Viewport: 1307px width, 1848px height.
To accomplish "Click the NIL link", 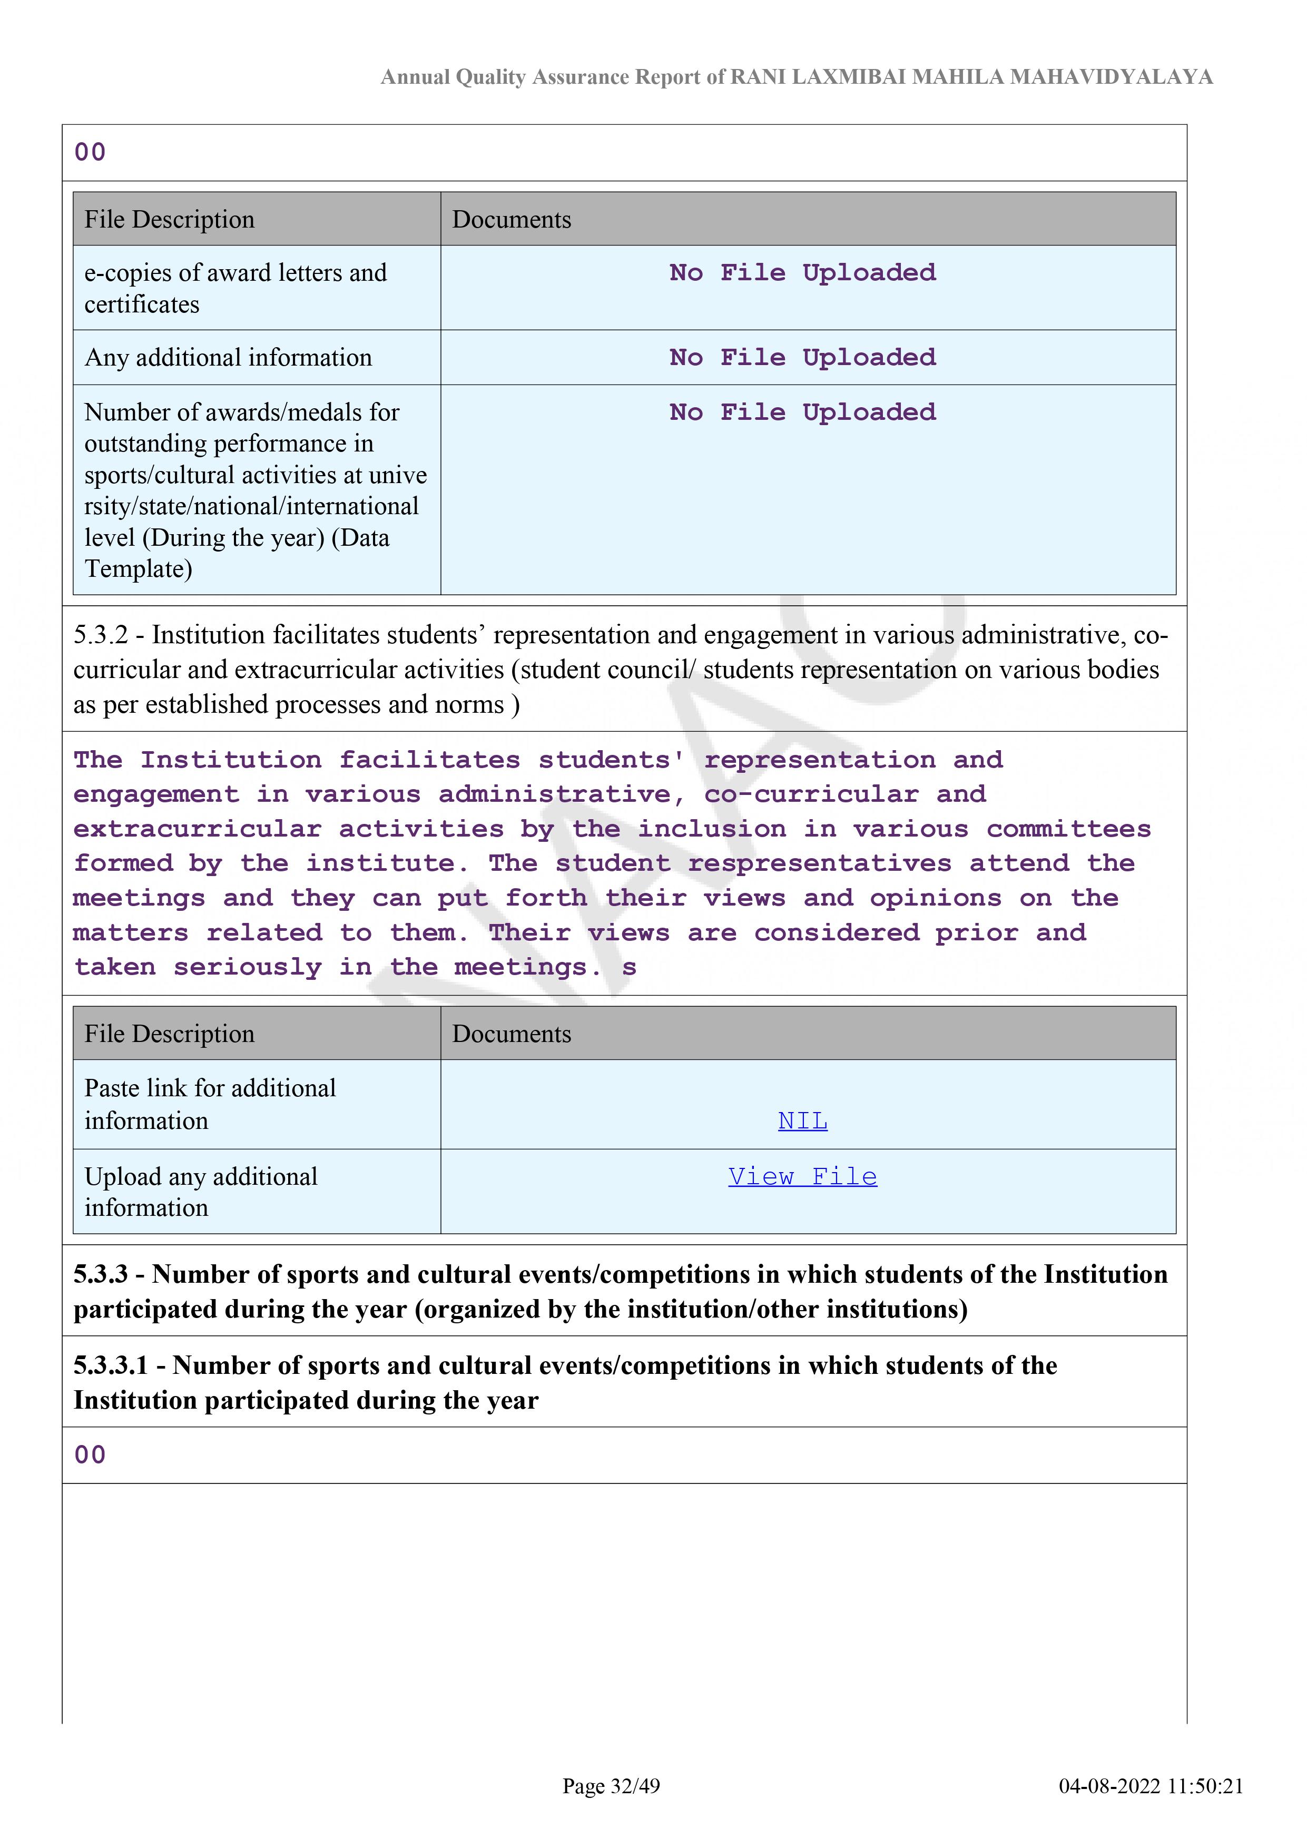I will click(x=802, y=1120).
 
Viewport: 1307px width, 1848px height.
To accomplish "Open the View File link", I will click(x=802, y=1177).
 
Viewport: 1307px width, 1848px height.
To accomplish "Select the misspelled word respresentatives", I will click(x=819, y=863).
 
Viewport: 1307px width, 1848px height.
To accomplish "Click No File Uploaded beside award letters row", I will click(x=802, y=273).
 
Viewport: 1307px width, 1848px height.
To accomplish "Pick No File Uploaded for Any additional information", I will click(x=802, y=357).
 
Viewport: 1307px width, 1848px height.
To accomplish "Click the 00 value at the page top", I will click(x=90, y=152).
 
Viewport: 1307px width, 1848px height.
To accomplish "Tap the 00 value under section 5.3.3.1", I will click(x=90, y=1455).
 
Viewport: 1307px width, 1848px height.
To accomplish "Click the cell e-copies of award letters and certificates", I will click(x=235, y=288).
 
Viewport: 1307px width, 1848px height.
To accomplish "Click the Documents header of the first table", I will click(x=512, y=220).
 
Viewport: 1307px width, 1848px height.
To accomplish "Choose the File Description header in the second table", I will click(x=169, y=1034).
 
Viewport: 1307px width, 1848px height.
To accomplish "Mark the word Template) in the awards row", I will click(x=139, y=569).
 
